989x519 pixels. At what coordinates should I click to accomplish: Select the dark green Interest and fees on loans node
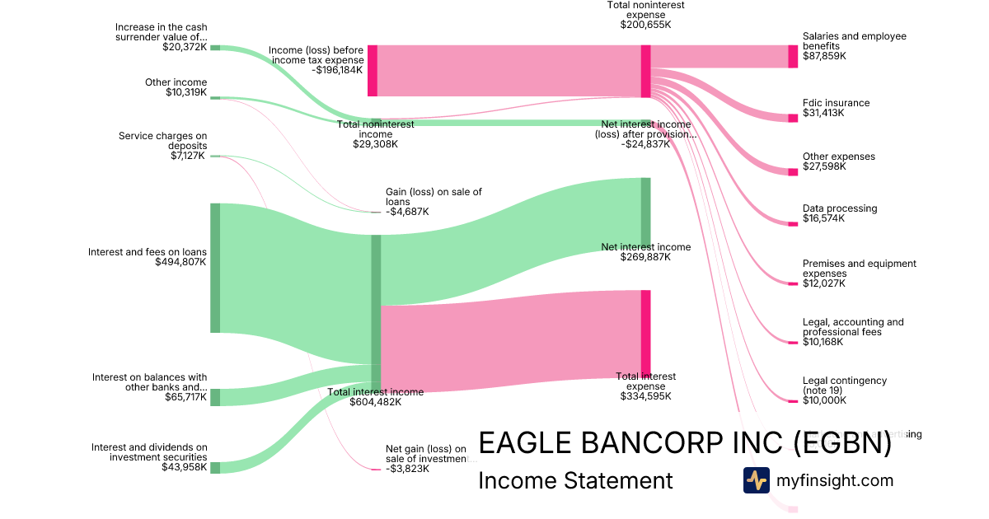(x=215, y=268)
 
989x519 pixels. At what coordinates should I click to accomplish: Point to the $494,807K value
(x=180, y=262)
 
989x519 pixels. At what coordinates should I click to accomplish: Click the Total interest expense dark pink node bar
(x=645, y=333)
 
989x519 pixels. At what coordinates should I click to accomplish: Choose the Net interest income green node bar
(x=645, y=212)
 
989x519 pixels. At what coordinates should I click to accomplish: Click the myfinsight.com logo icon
(x=756, y=480)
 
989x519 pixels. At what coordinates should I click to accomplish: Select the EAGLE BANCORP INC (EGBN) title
(x=685, y=443)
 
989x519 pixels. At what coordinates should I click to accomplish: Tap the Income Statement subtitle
(x=575, y=480)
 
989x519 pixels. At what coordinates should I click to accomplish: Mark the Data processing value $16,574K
(x=823, y=218)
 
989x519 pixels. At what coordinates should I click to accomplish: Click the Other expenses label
(x=839, y=157)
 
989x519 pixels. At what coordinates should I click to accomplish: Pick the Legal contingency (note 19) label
(x=845, y=386)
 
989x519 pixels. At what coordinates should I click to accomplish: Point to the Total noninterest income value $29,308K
(x=376, y=143)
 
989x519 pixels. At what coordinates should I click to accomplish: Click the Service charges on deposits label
(x=163, y=141)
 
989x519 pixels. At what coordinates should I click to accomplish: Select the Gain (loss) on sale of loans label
(x=434, y=197)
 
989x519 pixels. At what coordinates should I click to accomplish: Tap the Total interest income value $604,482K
(x=376, y=402)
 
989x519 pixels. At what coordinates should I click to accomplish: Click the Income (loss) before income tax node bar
(x=373, y=71)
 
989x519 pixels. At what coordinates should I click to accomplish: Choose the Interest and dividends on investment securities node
(x=215, y=468)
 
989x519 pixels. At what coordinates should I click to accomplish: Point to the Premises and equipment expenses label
(x=859, y=269)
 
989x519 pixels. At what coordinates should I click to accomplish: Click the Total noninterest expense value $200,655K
(x=645, y=25)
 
